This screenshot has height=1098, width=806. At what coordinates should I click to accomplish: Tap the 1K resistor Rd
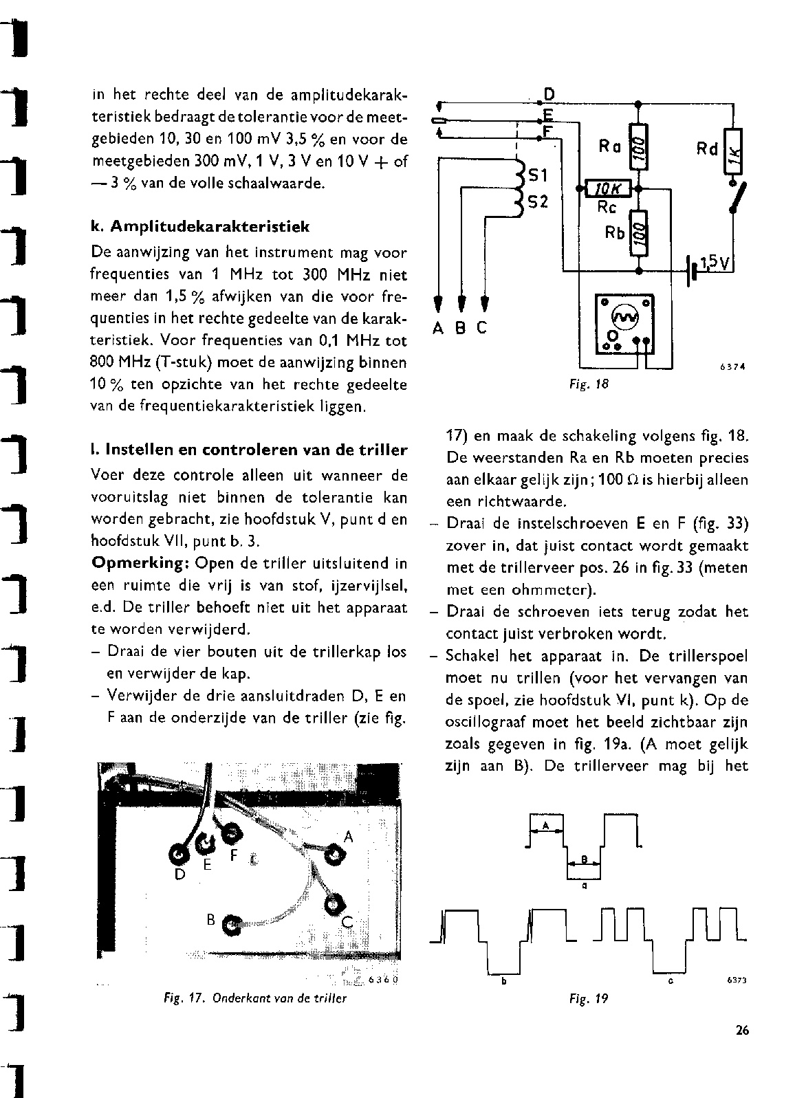(x=734, y=152)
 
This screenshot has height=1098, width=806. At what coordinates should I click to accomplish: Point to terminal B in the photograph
(x=231, y=925)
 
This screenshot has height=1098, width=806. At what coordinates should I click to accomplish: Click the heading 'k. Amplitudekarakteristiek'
(x=200, y=226)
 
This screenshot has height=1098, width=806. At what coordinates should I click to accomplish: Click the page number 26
(x=741, y=1030)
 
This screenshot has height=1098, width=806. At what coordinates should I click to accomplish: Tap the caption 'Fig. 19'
(x=589, y=998)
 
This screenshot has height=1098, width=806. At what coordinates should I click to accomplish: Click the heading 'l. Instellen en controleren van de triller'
(x=249, y=451)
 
